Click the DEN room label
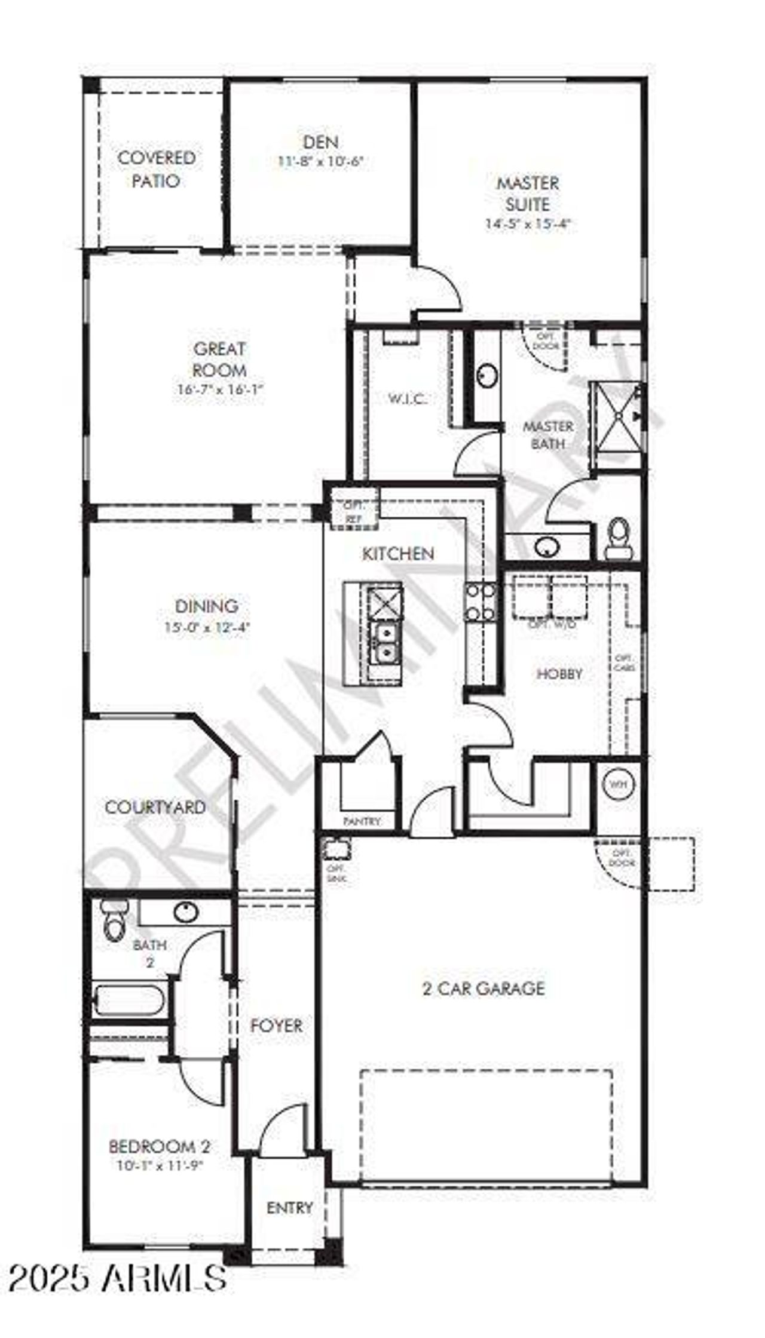click(320, 142)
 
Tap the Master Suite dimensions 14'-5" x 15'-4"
click(528, 225)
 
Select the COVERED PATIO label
click(156, 169)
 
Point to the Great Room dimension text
click(220, 389)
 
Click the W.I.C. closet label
click(408, 398)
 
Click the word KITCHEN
click(398, 554)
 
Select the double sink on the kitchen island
click(385, 642)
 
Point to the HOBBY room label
click(559, 674)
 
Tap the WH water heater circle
click(619, 784)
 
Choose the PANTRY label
click(362, 822)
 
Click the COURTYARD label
click(155, 808)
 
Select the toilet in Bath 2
click(114, 922)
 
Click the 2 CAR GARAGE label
click(484, 989)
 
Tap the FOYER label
click(276, 1026)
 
